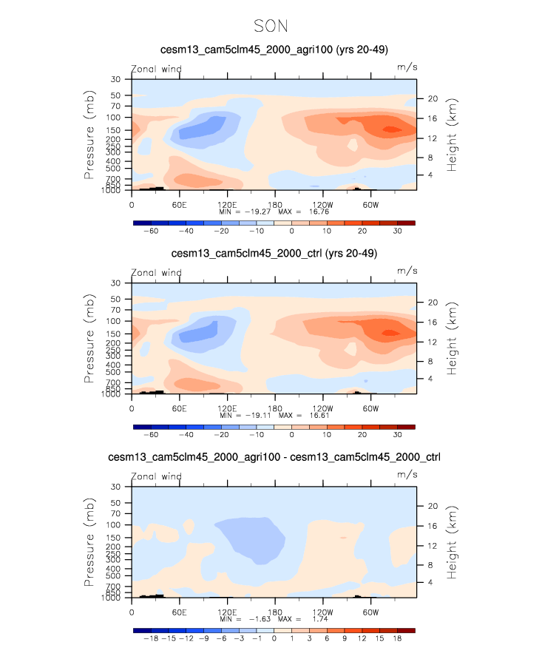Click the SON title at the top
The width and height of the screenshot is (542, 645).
tap(271, 26)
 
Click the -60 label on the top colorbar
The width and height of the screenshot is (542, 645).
tap(151, 231)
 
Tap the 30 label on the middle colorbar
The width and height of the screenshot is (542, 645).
tap(397, 435)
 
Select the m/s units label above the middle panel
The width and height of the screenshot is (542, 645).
tap(407, 271)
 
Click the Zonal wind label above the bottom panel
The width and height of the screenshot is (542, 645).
tap(156, 476)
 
